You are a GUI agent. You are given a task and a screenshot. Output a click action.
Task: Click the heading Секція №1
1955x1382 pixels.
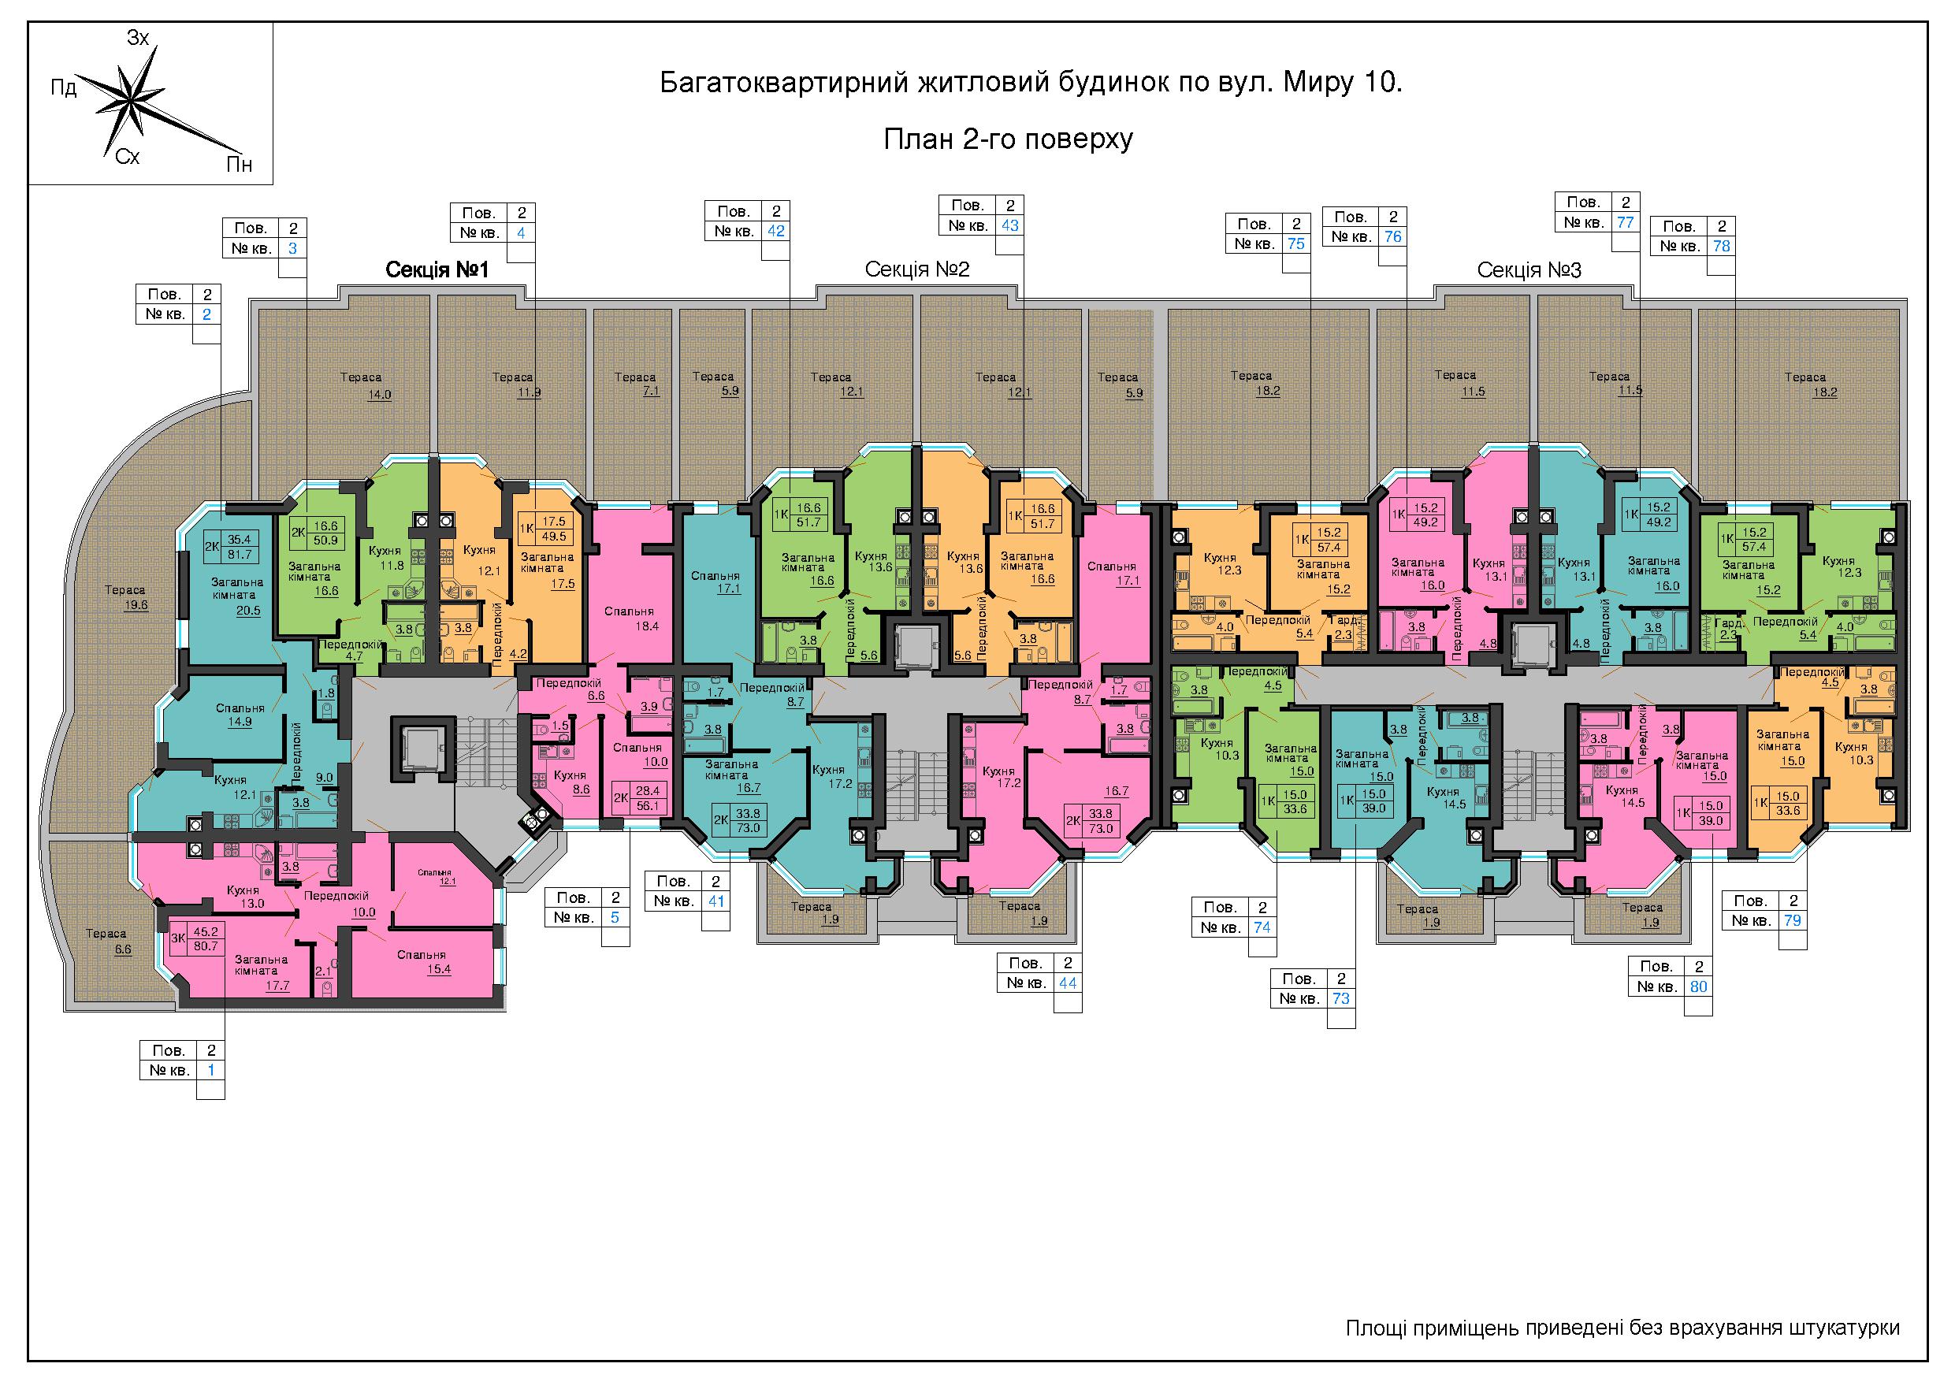point(437,270)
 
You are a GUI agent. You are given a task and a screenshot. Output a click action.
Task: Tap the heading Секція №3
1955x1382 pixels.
point(1529,270)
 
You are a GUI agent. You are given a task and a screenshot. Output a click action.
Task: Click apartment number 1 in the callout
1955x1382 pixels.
point(210,1070)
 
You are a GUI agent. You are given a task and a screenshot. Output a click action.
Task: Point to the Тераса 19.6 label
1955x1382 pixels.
point(125,597)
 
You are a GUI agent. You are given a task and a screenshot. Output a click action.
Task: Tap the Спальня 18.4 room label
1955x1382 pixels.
point(630,619)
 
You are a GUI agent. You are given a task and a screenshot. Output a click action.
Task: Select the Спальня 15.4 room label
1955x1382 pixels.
point(422,962)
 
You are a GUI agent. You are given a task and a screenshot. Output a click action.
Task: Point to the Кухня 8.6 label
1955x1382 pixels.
point(570,782)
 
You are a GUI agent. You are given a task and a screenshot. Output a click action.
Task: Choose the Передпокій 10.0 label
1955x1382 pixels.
point(336,904)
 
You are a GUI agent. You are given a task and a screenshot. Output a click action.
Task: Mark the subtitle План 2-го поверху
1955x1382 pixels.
point(1008,139)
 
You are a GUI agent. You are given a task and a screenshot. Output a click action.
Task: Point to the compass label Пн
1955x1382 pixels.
point(240,165)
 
